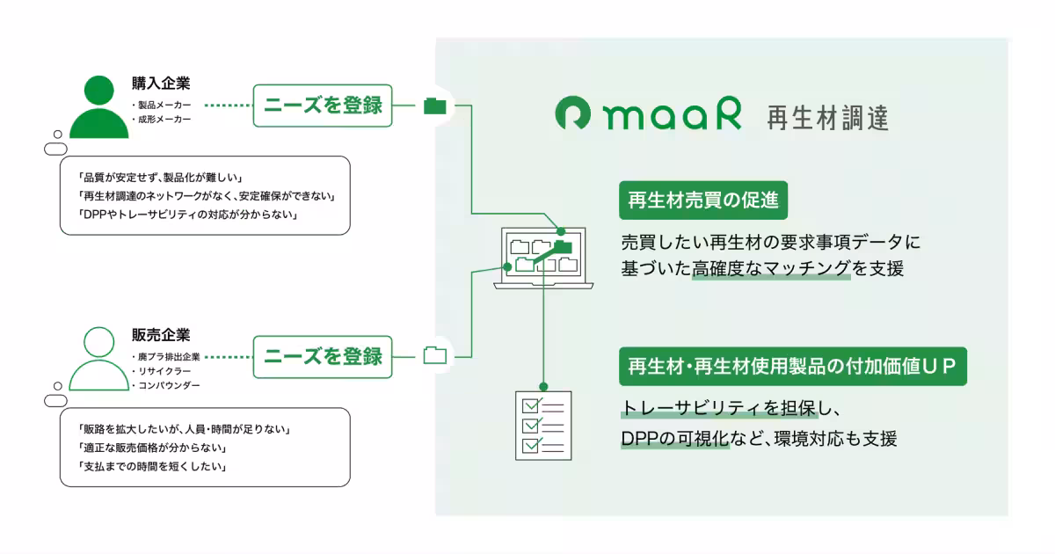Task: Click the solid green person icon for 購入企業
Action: click(x=98, y=107)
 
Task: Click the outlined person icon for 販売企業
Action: click(x=98, y=359)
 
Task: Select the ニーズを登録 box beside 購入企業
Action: click(x=323, y=106)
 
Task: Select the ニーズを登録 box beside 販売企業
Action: click(x=323, y=356)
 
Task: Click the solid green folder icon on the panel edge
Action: click(x=435, y=106)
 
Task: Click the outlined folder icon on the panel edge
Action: click(x=435, y=356)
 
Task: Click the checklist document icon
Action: click(x=542, y=425)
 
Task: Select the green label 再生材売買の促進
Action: click(x=702, y=200)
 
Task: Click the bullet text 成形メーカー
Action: click(x=164, y=120)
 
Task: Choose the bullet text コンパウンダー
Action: click(x=168, y=386)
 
